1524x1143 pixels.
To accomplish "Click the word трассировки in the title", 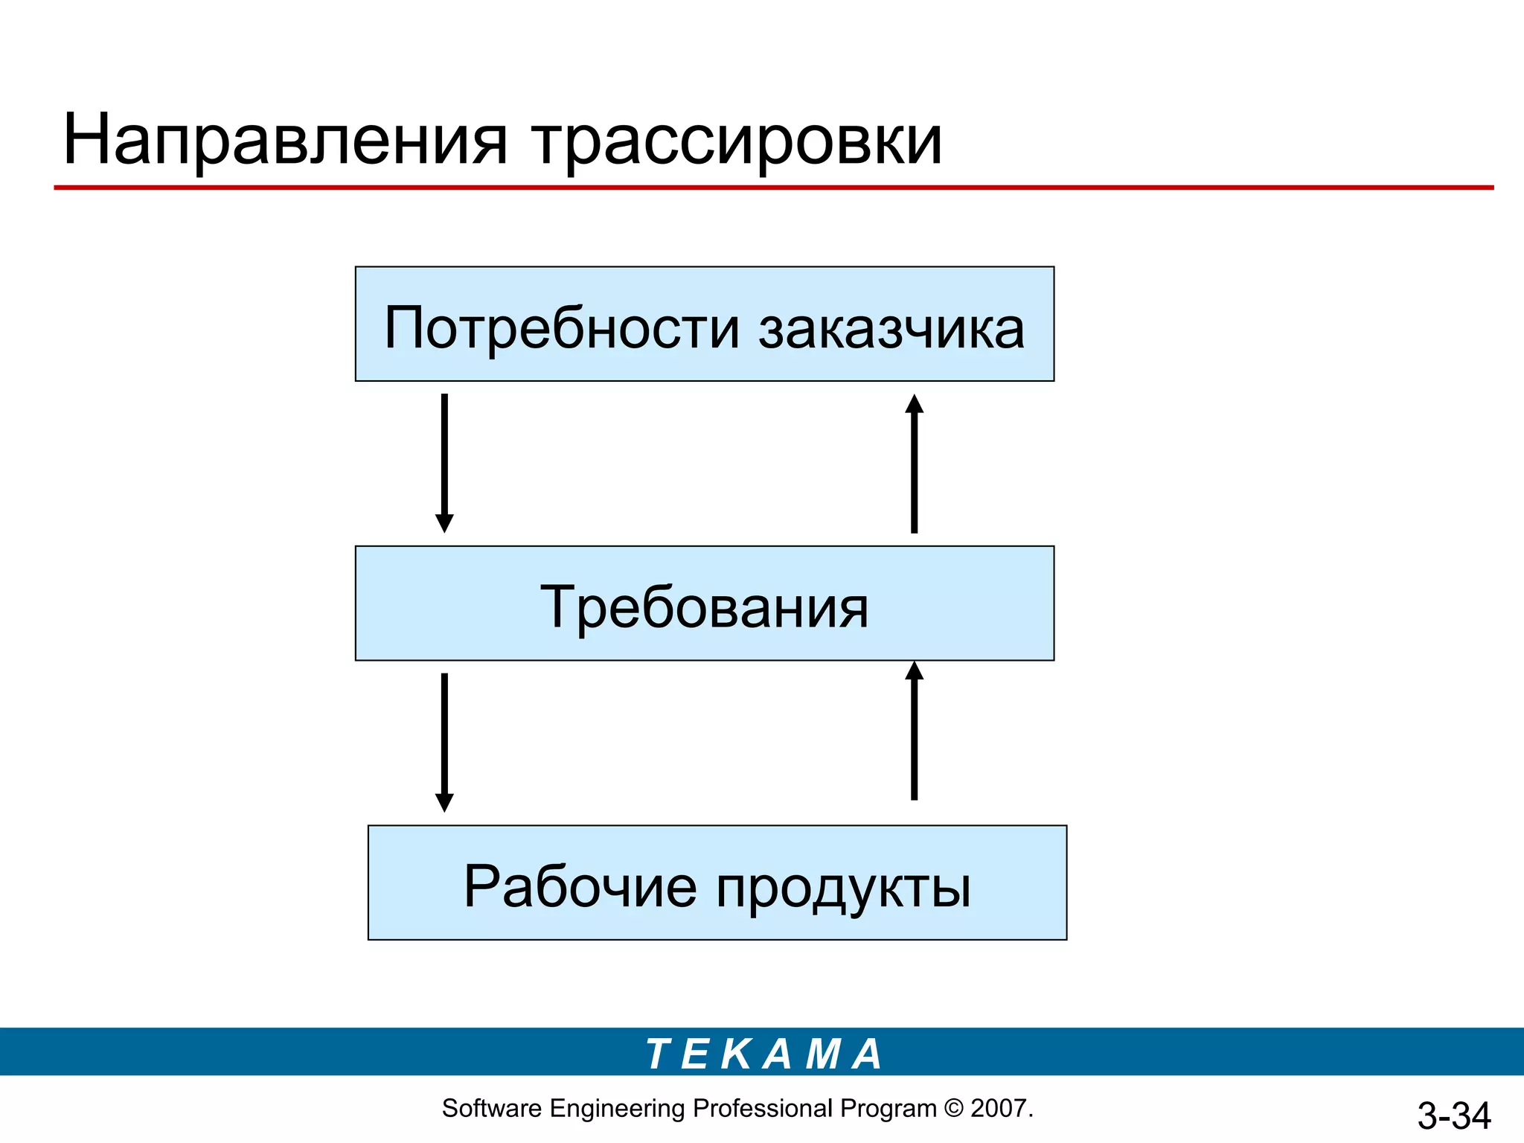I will point(737,141).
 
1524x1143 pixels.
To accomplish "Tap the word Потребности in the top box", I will point(562,328).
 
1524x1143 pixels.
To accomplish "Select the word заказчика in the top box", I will point(891,328).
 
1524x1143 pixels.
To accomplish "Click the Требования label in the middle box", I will point(704,607).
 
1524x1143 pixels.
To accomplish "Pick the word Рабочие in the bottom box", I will point(580,886).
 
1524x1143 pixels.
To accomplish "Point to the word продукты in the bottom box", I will point(843,888).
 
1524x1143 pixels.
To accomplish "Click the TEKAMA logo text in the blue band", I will point(763,1054).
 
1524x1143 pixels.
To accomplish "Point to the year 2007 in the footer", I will point(999,1108).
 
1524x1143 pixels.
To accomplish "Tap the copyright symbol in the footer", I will point(953,1108).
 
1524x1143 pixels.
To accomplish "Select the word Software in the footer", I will point(491,1108).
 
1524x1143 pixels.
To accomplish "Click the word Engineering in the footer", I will point(617,1109).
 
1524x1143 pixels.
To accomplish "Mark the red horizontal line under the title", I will point(774,188).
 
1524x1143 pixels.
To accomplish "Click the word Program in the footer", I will point(888,1109).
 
